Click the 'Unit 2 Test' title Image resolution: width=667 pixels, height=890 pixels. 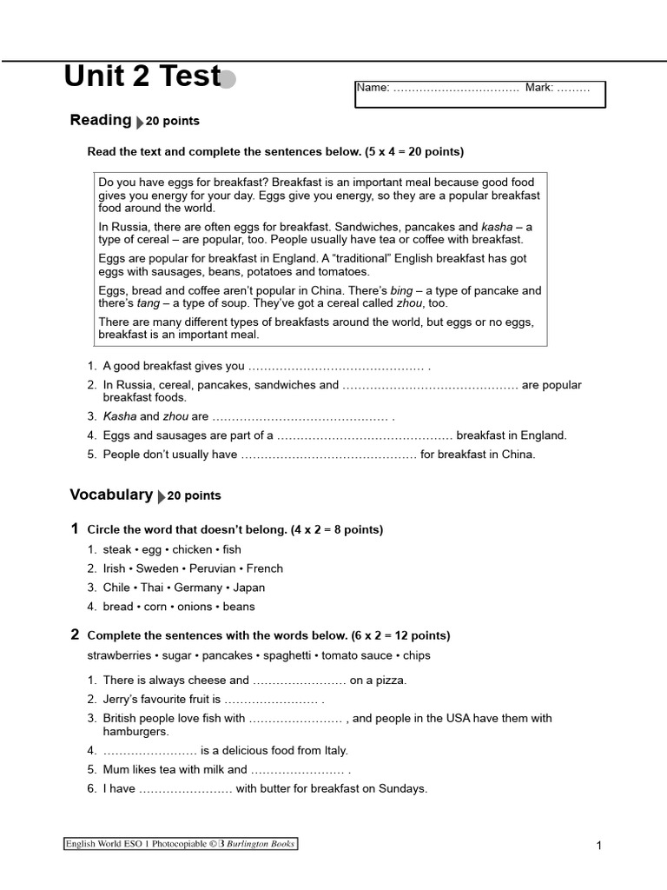142,77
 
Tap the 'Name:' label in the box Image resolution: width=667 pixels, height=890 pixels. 373,88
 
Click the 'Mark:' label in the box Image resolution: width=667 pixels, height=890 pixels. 539,88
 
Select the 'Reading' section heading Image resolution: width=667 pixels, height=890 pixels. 100,120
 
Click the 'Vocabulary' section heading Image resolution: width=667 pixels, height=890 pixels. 111,495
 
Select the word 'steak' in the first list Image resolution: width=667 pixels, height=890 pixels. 117,549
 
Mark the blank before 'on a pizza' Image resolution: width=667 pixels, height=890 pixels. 299,681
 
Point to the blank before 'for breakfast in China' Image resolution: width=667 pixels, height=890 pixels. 328,454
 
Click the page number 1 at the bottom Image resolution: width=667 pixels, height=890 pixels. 599,846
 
